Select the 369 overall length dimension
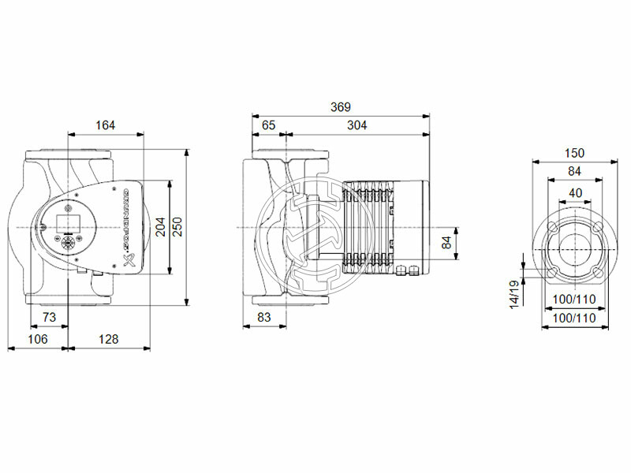pyautogui.click(x=341, y=107)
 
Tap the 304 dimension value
pyautogui.click(x=357, y=125)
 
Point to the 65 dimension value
pyautogui.click(x=268, y=125)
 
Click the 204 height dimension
pyautogui.click(x=162, y=227)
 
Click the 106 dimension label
pyautogui.click(x=37, y=339)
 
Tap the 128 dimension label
pyautogui.click(x=108, y=339)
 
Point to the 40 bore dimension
pyautogui.click(x=574, y=193)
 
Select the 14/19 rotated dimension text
pyautogui.click(x=515, y=294)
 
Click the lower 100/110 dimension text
pyautogui.click(x=573, y=318)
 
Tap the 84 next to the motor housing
pyautogui.click(x=446, y=244)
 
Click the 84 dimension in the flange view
pyautogui.click(x=574, y=172)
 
